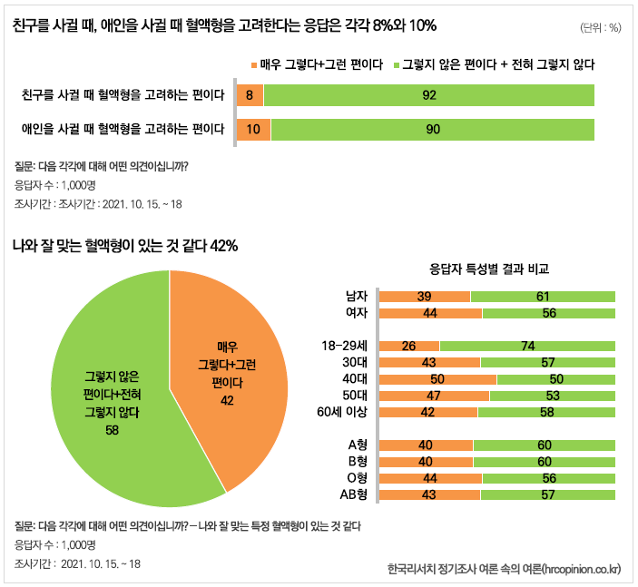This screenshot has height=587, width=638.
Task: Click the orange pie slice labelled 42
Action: click(x=227, y=372)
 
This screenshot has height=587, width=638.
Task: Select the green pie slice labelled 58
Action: click(x=109, y=399)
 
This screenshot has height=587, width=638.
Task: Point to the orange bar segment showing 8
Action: click(x=249, y=95)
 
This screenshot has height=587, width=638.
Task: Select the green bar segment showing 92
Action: click(x=428, y=95)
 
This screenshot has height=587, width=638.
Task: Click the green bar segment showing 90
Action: click(x=432, y=129)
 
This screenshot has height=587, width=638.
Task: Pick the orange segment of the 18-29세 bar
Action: click(x=408, y=346)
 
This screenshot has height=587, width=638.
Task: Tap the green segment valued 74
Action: click(x=527, y=346)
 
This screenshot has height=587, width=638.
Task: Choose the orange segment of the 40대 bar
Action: click(x=437, y=378)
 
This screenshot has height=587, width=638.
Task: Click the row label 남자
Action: click(x=357, y=297)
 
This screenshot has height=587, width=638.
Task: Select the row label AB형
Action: click(x=352, y=494)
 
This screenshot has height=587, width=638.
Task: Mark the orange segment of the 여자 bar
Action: click(x=430, y=313)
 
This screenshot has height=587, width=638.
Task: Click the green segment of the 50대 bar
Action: click(x=552, y=396)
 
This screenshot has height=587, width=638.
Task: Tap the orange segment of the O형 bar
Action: click(x=430, y=478)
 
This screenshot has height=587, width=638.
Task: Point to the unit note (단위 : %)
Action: click(x=600, y=27)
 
